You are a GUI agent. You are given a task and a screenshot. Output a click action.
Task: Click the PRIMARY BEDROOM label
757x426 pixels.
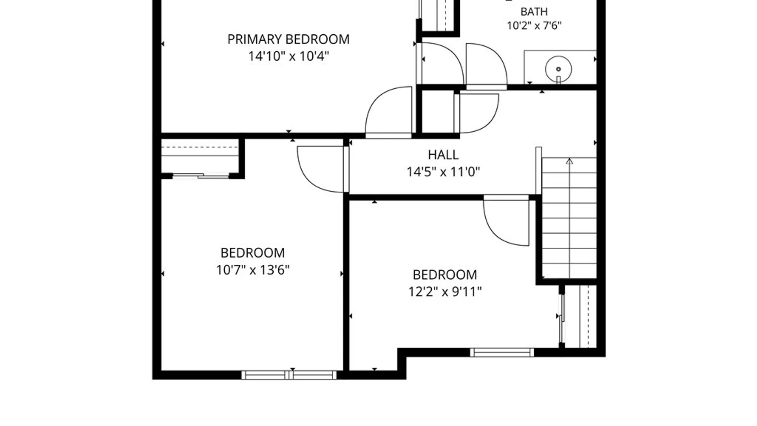pyautogui.click(x=288, y=39)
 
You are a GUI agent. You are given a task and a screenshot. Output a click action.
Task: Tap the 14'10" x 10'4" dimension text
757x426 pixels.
pyautogui.click(x=288, y=56)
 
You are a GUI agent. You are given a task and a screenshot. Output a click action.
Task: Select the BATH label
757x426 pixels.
pyautogui.click(x=534, y=11)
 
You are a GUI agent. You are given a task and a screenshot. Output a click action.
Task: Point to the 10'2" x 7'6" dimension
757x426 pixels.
pyautogui.click(x=534, y=26)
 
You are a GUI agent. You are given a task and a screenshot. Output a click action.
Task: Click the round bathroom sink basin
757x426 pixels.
pyautogui.click(x=558, y=69)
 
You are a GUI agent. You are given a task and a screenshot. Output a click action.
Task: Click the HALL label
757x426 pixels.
pyautogui.click(x=443, y=155)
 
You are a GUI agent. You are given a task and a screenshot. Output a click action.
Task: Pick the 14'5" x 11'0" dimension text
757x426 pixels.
pyautogui.click(x=443, y=172)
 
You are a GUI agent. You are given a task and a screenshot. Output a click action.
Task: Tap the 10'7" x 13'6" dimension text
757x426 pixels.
pyautogui.click(x=253, y=270)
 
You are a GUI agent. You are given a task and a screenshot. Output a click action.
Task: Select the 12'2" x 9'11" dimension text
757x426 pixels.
pyautogui.click(x=445, y=292)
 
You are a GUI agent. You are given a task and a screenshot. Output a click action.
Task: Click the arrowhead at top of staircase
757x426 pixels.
pyautogui.click(x=569, y=161)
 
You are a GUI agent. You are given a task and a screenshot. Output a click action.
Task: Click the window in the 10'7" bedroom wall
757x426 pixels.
pyautogui.click(x=289, y=375)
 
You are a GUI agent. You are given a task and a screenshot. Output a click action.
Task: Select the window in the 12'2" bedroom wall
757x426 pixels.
pyautogui.click(x=502, y=352)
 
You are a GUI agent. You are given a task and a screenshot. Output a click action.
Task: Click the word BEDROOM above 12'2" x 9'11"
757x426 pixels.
pyautogui.click(x=445, y=275)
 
